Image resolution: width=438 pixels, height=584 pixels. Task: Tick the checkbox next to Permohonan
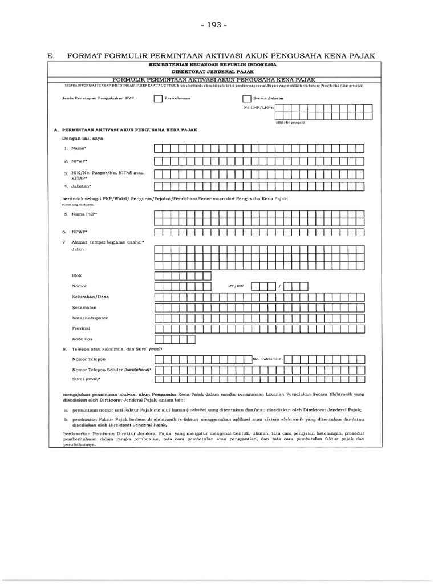click(158, 98)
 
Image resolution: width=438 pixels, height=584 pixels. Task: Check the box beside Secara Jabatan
click(246, 98)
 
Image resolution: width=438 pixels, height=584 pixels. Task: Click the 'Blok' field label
click(76, 275)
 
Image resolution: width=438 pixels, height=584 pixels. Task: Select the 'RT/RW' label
click(236, 286)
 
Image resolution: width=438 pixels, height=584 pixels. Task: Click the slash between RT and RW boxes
click(279, 286)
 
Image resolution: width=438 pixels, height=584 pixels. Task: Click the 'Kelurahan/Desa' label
click(90, 297)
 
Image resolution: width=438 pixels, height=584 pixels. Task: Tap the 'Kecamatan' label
click(84, 307)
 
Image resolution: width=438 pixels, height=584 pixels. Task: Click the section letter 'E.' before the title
click(51, 56)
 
